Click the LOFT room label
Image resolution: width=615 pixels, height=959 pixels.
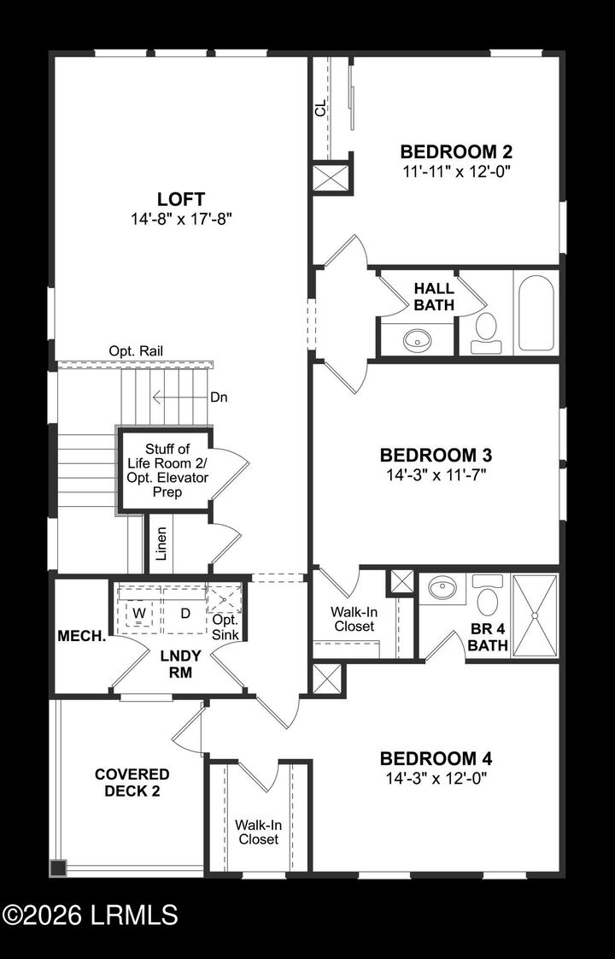(x=180, y=199)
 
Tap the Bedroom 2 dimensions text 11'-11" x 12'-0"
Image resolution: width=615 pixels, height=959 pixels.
(x=457, y=170)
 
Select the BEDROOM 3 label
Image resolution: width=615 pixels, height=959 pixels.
(x=436, y=454)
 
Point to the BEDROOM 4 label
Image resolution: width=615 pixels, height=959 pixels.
(x=436, y=758)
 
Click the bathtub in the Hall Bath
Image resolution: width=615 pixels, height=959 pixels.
(x=536, y=313)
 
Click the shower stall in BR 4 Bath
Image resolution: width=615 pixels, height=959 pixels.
(x=534, y=615)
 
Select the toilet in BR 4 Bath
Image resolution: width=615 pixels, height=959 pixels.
(x=488, y=596)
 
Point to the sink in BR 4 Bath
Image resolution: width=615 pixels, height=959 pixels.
(x=443, y=588)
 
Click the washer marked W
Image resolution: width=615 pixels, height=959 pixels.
(x=138, y=613)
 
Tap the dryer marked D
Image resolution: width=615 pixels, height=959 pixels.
(x=184, y=613)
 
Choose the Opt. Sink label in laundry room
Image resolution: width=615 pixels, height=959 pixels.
(x=225, y=626)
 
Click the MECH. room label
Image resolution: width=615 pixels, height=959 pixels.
(x=81, y=637)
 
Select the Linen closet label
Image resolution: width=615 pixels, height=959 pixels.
(x=161, y=544)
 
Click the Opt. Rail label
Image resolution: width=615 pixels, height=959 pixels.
(x=136, y=350)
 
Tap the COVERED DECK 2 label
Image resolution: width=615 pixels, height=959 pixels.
(x=132, y=782)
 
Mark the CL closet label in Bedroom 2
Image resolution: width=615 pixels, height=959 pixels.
(x=320, y=109)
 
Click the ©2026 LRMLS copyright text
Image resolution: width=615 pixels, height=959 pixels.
(x=90, y=915)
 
